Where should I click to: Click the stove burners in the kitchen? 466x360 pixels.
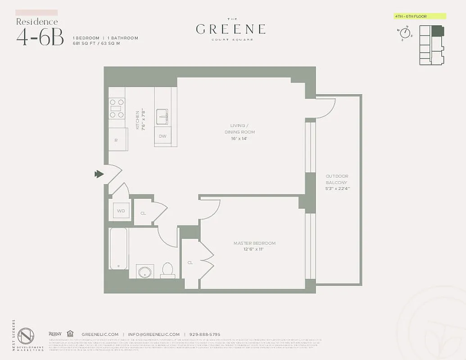coord(117,108)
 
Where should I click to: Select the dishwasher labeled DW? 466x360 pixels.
coord(163,136)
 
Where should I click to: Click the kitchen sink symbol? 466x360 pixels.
coord(163,117)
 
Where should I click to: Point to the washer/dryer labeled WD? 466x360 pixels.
coord(121,211)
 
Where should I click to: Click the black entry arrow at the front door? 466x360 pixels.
coord(99,174)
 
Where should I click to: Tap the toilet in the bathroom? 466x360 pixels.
coord(167,270)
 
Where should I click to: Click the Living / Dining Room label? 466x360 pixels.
coord(240,132)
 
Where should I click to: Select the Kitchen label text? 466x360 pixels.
coord(140,119)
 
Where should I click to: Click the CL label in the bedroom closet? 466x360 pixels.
coord(190,262)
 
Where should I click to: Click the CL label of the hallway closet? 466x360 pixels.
coord(143,213)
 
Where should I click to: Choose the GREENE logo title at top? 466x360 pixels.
coord(231,29)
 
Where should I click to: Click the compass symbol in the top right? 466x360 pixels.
coord(404,33)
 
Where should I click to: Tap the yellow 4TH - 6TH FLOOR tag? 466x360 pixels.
coord(420,16)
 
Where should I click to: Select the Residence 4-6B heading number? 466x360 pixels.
coord(40,38)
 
